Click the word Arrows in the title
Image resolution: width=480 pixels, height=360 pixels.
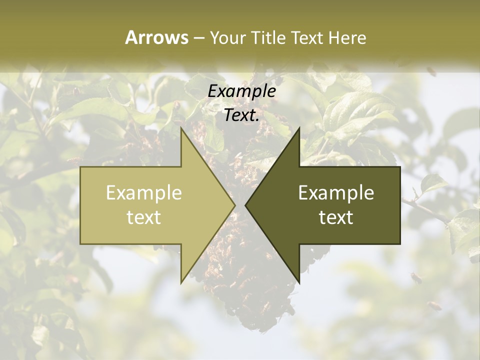[156, 37]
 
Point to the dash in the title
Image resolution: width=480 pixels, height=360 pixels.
[198, 38]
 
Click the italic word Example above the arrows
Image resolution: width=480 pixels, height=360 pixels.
[242, 91]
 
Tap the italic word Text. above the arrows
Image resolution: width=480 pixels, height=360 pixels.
[242, 115]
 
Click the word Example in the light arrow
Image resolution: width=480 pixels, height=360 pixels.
[144, 192]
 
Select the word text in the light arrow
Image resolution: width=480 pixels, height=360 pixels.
[144, 217]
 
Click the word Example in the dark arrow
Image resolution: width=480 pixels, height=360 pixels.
[336, 192]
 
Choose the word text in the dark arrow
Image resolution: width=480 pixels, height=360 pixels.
[336, 217]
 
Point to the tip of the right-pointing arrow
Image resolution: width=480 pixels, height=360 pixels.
[235, 205]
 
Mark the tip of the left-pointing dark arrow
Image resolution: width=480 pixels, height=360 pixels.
[245, 205]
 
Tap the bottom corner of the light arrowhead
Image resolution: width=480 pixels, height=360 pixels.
[181, 283]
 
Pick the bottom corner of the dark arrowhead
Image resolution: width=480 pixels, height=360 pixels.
[299, 283]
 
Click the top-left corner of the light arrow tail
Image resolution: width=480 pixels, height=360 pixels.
[81, 167]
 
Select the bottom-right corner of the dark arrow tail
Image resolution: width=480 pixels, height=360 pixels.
[400, 243]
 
